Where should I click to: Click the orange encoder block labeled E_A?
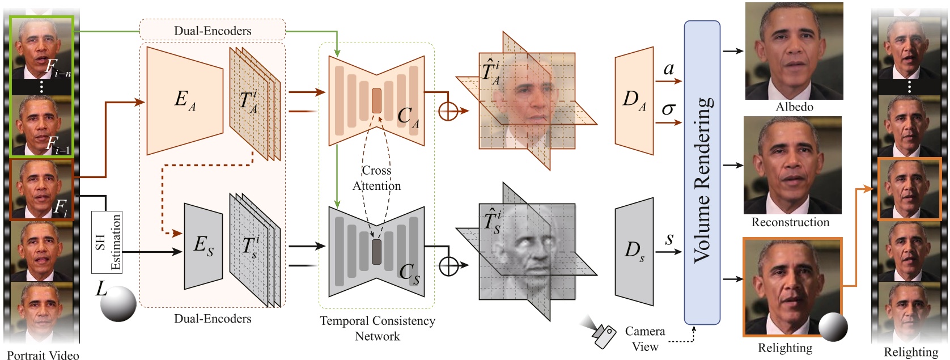[x=184, y=100]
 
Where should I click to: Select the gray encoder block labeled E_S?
[x=203, y=245]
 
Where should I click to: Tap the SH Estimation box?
[x=107, y=242]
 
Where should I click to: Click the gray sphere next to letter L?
[x=118, y=303]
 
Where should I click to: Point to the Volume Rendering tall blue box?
[x=702, y=173]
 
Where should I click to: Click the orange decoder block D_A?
[x=634, y=100]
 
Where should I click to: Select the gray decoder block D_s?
[x=634, y=251]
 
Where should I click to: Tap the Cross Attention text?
[x=376, y=178]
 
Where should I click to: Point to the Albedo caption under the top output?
[x=794, y=107]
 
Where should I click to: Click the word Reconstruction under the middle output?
[x=790, y=222]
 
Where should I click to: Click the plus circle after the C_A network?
[x=448, y=111]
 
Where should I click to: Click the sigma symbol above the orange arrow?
[x=668, y=109]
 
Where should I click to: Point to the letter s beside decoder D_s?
[x=669, y=239]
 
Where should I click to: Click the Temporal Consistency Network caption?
[x=378, y=328]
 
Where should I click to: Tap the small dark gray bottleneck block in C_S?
[x=376, y=252]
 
